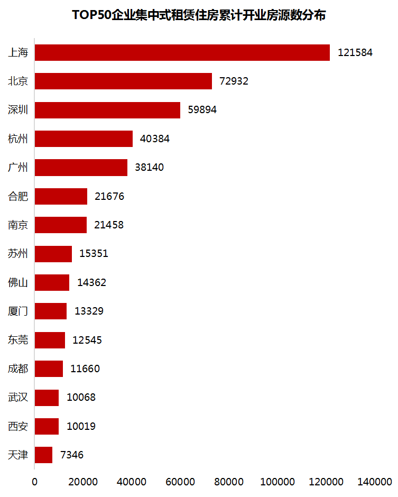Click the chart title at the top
[x=199, y=15]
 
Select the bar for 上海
[x=182, y=52]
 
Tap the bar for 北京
[x=123, y=81]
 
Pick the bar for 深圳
[x=107, y=110]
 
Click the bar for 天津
[x=44, y=455]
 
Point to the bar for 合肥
[x=61, y=196]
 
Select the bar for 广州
[x=81, y=167]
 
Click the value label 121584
[x=355, y=53]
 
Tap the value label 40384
[x=155, y=139]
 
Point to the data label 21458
[x=109, y=225]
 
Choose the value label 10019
[x=81, y=426]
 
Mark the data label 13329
[x=89, y=311]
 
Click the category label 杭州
[x=18, y=139]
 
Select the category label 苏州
[x=18, y=253]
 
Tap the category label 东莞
[x=18, y=339]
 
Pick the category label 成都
[x=18, y=369]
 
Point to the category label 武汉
[x=18, y=397]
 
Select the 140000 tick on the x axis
[x=375, y=482]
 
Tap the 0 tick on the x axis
[x=35, y=482]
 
